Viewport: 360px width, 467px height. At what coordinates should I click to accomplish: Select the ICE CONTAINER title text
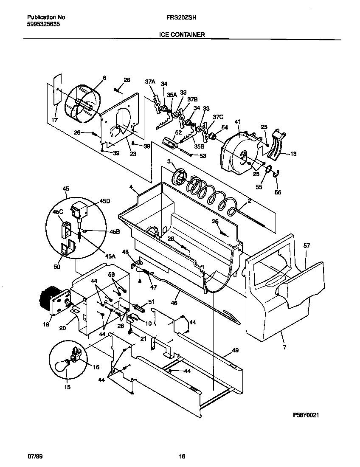tap(182, 35)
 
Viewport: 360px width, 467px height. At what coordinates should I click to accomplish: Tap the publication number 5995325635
tap(43, 25)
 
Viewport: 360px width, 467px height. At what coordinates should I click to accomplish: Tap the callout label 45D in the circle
tap(104, 202)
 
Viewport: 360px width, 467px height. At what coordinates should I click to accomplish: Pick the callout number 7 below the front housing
tap(284, 347)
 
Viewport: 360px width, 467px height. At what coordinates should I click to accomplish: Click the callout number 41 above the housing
tap(238, 122)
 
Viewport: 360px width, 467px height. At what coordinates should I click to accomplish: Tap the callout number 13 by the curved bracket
tap(292, 154)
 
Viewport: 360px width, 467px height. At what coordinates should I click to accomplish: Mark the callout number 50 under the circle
tap(57, 267)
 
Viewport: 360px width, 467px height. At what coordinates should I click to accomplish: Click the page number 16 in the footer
tap(182, 456)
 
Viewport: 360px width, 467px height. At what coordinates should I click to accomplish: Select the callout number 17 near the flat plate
tap(54, 120)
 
